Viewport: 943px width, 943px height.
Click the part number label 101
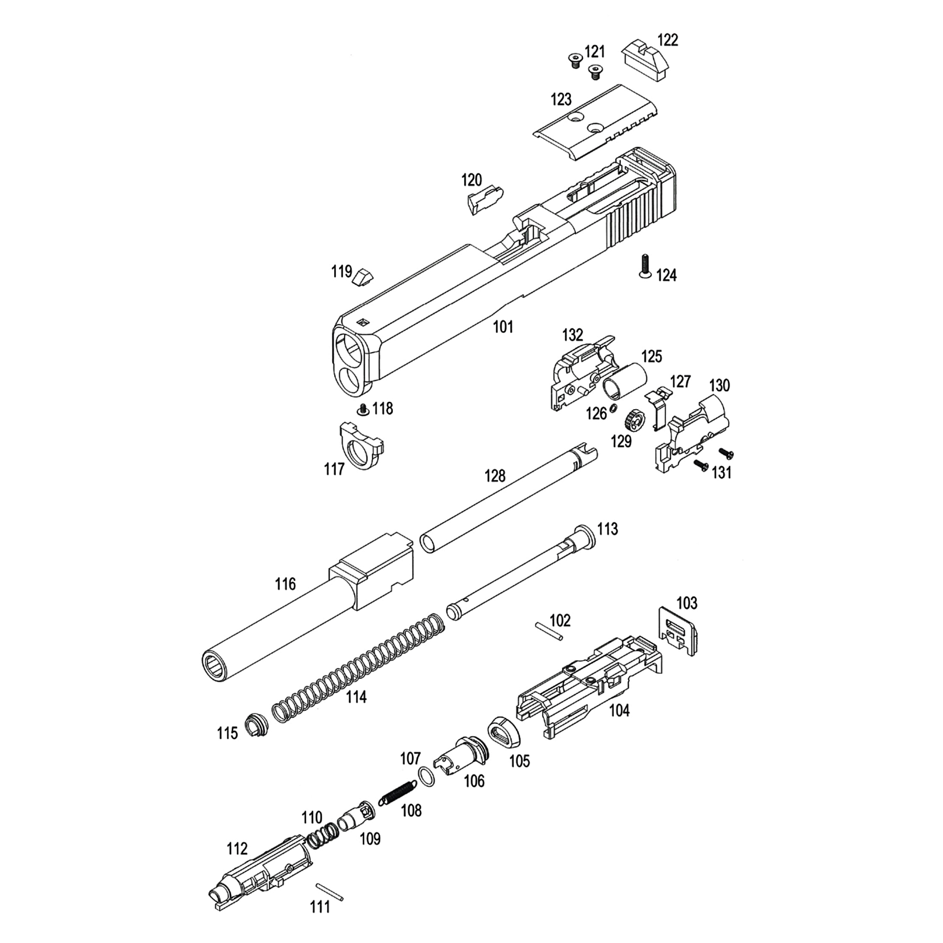(x=503, y=327)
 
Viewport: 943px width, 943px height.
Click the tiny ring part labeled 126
(x=615, y=408)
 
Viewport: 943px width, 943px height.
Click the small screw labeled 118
(x=361, y=409)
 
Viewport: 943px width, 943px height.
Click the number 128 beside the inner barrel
(x=495, y=476)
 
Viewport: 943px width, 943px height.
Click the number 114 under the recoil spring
(x=356, y=697)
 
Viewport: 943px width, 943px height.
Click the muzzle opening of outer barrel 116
(x=216, y=666)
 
